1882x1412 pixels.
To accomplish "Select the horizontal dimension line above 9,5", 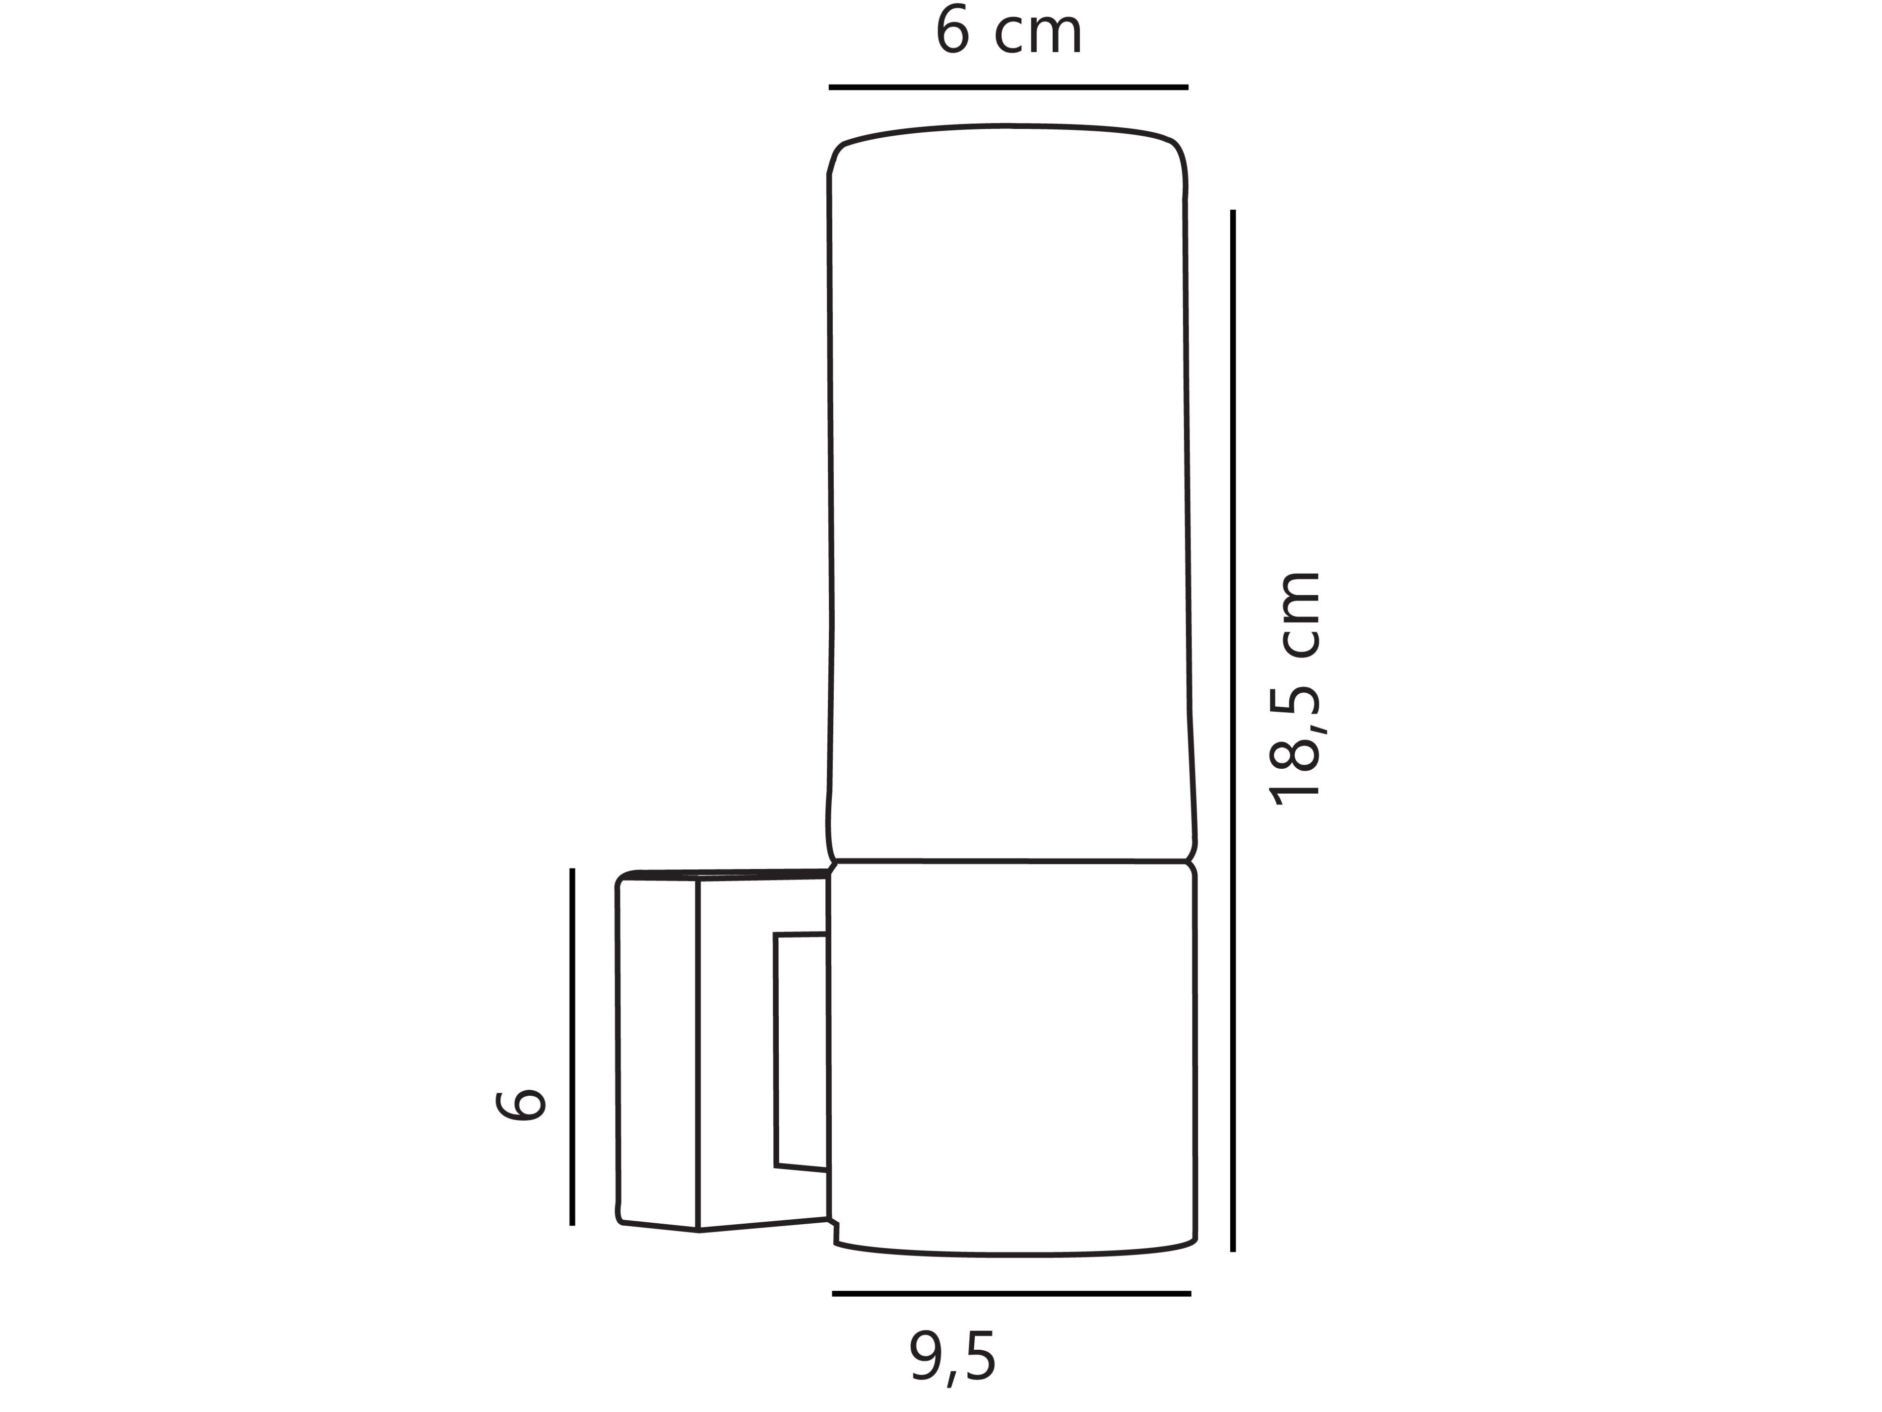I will [1011, 1294].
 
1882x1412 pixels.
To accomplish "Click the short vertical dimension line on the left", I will [572, 1046].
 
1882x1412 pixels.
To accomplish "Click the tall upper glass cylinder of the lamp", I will [1009, 494].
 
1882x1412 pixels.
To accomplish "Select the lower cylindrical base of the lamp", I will [1013, 1056].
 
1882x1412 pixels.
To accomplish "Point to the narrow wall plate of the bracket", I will [658, 1051].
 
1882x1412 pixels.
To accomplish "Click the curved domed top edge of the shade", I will [1007, 127].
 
